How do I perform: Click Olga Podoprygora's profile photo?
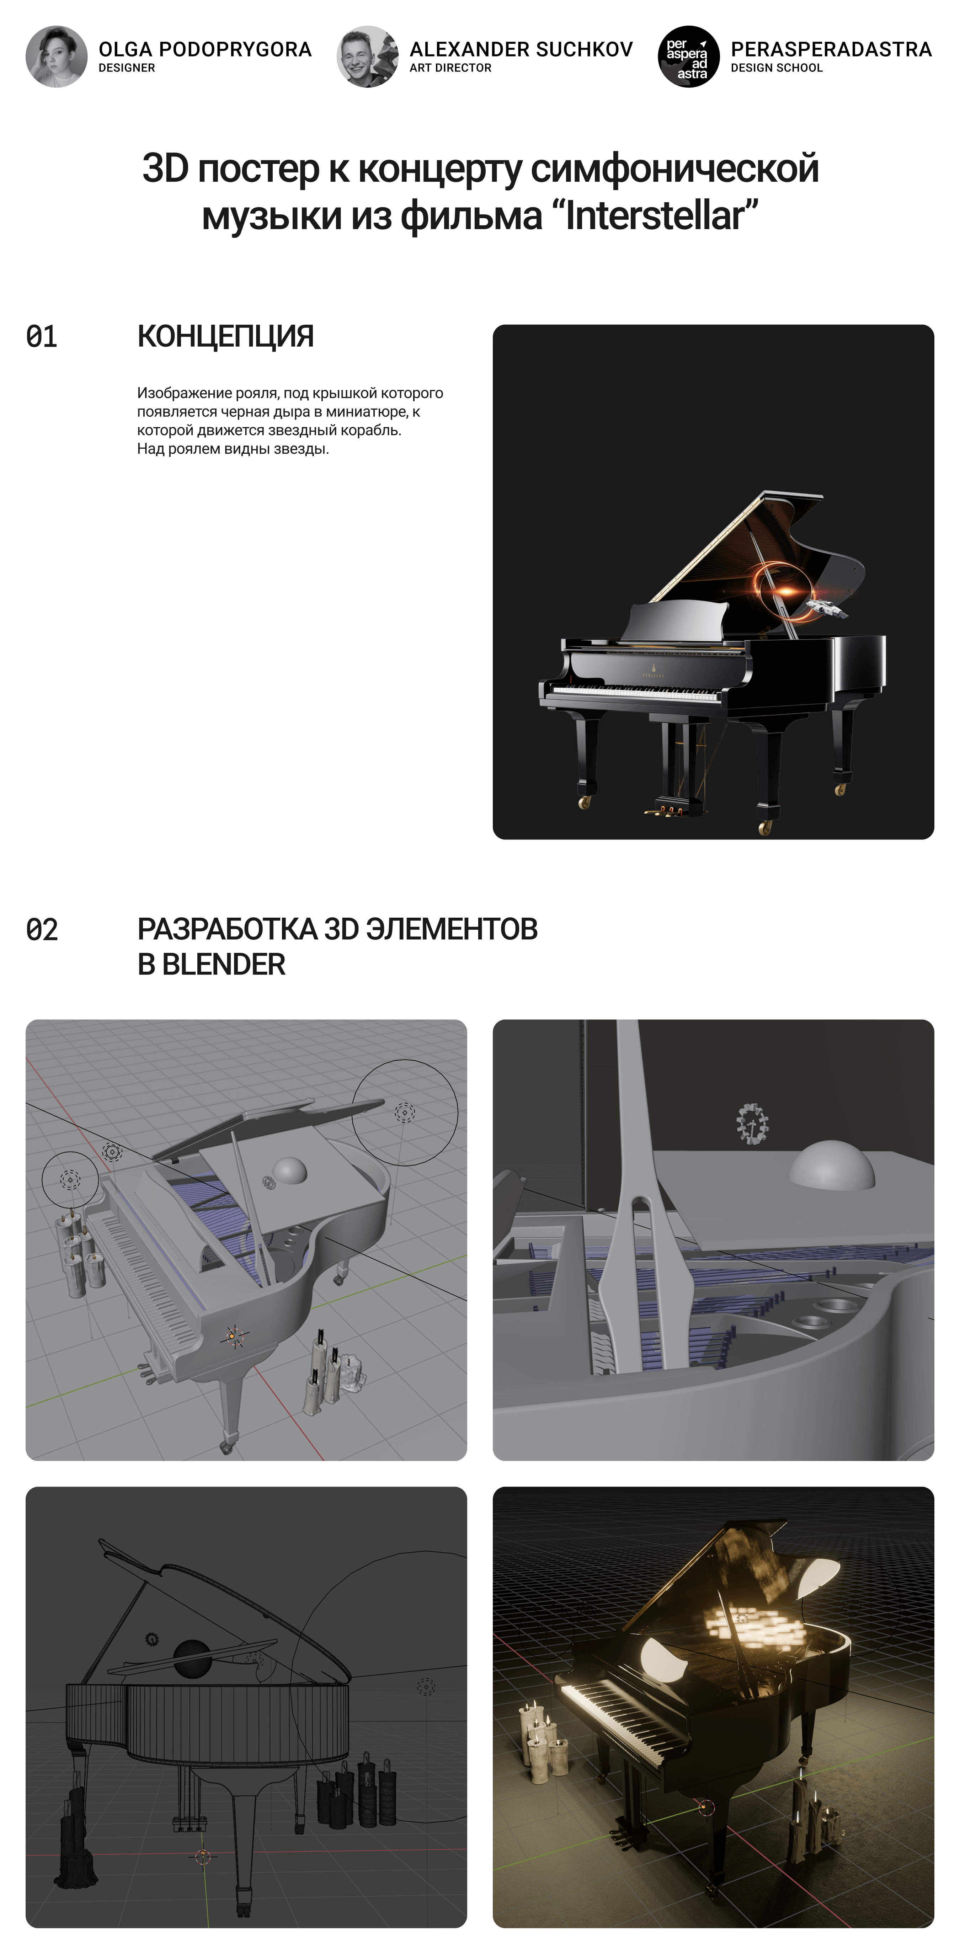pyautogui.click(x=56, y=56)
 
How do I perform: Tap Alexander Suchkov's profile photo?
pyautogui.click(x=368, y=56)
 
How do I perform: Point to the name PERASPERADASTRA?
pyautogui.click(x=831, y=49)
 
